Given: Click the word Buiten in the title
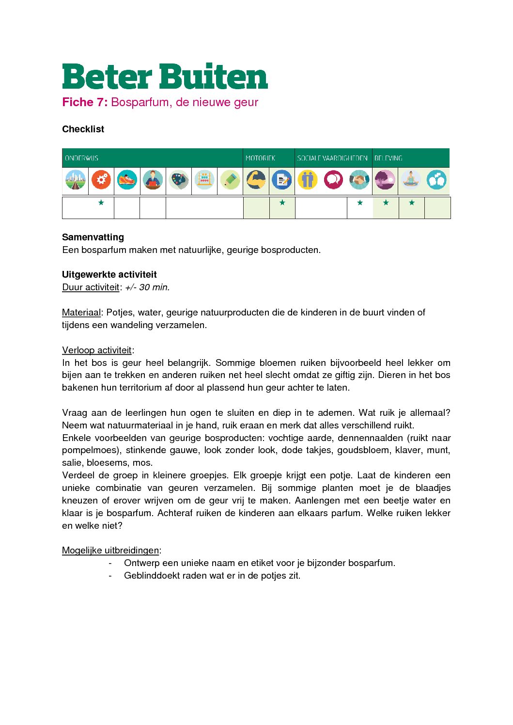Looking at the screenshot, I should coord(213,77).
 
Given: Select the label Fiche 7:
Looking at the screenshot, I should coord(85,102).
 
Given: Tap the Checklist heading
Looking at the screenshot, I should coord(83,129).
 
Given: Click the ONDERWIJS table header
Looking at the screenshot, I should coord(81,158).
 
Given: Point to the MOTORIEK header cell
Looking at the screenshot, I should coord(260,158).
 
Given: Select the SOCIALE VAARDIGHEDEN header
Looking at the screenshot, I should coord(332,158).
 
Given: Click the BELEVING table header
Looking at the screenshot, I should coord(388,158).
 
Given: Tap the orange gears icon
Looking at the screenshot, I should coord(101,180).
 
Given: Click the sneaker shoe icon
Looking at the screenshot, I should coord(127,180).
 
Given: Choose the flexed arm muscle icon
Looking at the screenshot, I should coord(256,180).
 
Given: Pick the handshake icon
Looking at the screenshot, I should coord(359,180).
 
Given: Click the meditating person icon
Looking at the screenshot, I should coord(411,180).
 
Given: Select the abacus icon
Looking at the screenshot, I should coord(204,180).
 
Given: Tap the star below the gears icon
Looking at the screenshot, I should coord(101,203).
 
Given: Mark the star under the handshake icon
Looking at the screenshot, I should coord(360,203).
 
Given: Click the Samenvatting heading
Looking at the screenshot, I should coord(93,237).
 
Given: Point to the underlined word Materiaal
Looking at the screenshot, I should coord(81,313).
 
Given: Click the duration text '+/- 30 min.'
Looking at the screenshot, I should coord(147,287).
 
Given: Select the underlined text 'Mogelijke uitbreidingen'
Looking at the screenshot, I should coord(110,551).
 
